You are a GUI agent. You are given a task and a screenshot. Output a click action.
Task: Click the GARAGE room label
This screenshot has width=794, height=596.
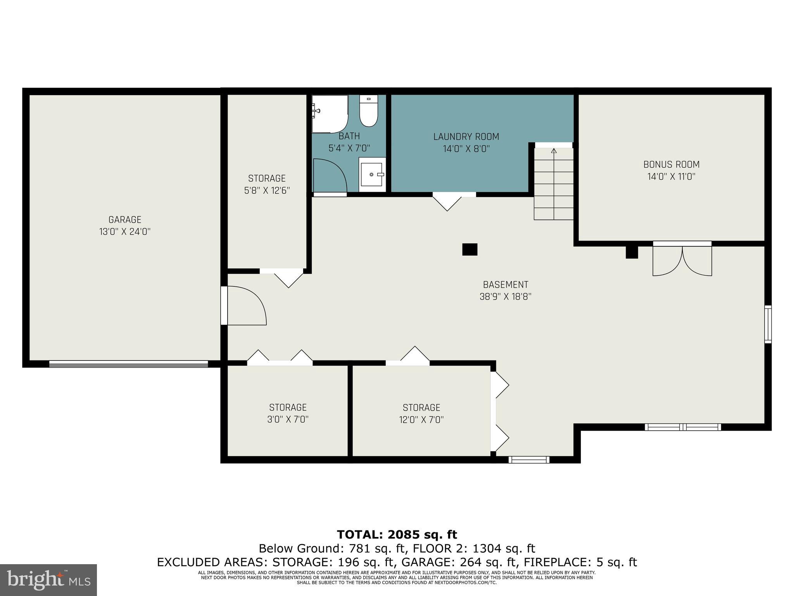pyautogui.click(x=125, y=220)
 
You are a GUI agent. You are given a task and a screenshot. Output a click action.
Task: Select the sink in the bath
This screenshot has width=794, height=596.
pyautogui.click(x=372, y=175)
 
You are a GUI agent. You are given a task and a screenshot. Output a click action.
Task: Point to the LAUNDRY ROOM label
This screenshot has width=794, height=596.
pyautogui.click(x=466, y=137)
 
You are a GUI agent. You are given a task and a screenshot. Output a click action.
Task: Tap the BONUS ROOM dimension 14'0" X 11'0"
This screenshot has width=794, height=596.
pyautogui.click(x=671, y=177)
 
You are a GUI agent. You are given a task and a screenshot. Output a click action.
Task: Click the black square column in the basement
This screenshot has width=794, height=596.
pyautogui.click(x=469, y=249)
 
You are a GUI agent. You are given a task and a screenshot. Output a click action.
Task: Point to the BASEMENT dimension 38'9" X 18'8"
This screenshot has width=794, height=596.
pyautogui.click(x=505, y=296)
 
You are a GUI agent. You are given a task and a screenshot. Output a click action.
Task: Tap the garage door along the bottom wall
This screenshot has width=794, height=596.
pyautogui.click(x=128, y=364)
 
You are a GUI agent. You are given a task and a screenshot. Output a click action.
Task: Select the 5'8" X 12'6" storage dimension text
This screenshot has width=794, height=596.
pyautogui.click(x=267, y=191)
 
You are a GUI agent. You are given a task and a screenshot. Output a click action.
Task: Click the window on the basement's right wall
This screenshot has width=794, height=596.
pyautogui.click(x=768, y=324)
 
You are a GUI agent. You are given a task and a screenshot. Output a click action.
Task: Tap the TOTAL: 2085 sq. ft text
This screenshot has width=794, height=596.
pyautogui.click(x=397, y=534)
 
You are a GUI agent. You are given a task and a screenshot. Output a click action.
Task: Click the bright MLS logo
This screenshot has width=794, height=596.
pyautogui.click(x=48, y=580)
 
